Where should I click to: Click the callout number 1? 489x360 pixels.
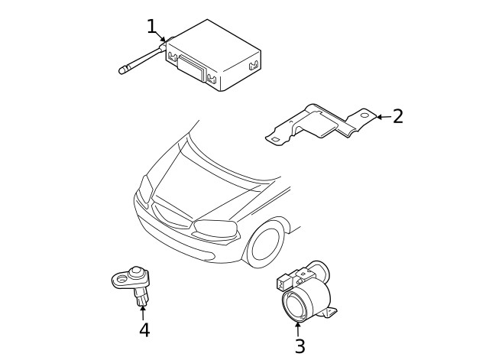point(151,27)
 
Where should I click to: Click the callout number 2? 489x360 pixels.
point(397,116)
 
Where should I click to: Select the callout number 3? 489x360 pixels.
point(300,345)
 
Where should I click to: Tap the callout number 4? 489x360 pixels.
point(144,329)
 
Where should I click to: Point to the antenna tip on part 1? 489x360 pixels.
point(121,72)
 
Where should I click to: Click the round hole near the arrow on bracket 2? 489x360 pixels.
point(364,116)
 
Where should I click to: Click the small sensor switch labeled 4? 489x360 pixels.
point(134,283)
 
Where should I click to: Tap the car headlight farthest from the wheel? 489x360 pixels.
point(145,187)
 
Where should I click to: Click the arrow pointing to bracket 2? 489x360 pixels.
point(382,117)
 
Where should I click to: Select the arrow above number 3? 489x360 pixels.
point(297,329)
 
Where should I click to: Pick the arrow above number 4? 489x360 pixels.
point(143,312)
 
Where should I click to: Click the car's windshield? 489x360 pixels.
point(229,153)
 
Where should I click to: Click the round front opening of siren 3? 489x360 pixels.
point(294,306)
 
